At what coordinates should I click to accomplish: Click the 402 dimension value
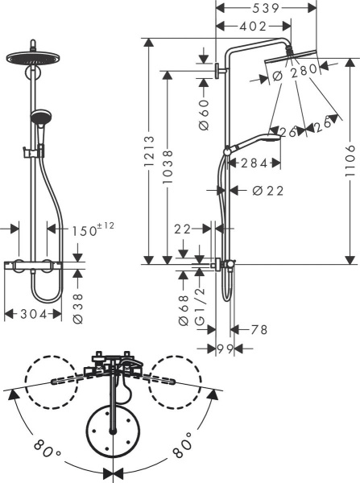click(x=254, y=26)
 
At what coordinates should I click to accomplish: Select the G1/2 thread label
click(x=203, y=309)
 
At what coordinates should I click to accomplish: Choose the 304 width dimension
click(x=32, y=314)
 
